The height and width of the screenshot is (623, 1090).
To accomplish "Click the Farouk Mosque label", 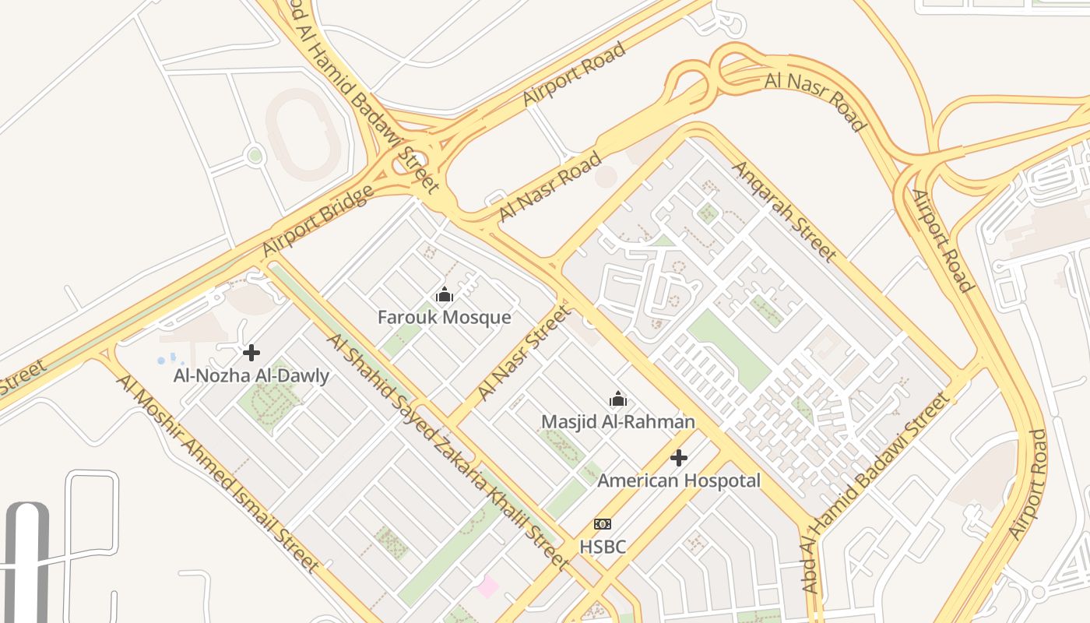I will (x=444, y=318).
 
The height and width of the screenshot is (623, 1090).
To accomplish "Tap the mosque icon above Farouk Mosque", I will (x=445, y=295).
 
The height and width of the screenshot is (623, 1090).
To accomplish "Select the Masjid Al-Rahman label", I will (x=618, y=422).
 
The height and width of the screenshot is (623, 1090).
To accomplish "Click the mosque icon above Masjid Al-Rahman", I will (x=618, y=399).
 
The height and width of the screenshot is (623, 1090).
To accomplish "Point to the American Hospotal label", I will (x=679, y=480).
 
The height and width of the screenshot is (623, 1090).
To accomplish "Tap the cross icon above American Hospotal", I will (x=679, y=458).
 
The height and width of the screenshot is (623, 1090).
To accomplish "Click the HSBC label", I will (x=603, y=547).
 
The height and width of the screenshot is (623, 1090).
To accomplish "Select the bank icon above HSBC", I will (x=603, y=524).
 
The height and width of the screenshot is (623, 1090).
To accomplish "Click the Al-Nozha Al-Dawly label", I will (x=251, y=376).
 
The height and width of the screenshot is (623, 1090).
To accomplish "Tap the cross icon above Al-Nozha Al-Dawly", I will (x=251, y=353).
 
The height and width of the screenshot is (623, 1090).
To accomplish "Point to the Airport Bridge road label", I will (x=317, y=222).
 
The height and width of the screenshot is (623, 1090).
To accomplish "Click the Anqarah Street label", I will (x=783, y=211).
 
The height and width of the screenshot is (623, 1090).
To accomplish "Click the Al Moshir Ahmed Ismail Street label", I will (x=217, y=473).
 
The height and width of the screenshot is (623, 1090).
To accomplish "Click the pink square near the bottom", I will (x=488, y=586).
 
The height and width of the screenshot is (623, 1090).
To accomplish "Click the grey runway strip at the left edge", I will (x=27, y=561).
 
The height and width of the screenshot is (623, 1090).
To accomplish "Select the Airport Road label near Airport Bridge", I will (x=574, y=75).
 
